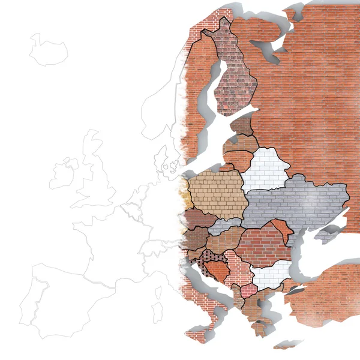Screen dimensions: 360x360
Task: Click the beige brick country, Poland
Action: coord(216,193)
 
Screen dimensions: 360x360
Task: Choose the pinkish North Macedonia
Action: coord(248,291)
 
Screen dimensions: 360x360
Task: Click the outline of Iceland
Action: coord(48,49)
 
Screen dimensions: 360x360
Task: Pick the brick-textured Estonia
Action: coord(243,126)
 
